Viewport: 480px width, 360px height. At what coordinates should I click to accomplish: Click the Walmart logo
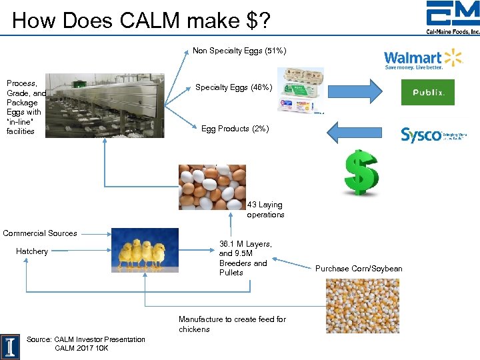tap(423, 59)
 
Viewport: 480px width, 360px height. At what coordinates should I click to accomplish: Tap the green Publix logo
tap(427, 93)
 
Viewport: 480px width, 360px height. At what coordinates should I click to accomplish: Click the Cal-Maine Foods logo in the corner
tap(453, 19)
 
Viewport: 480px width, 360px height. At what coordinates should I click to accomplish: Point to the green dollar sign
tap(361, 172)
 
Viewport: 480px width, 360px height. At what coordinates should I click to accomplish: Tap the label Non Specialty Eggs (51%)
tap(239, 50)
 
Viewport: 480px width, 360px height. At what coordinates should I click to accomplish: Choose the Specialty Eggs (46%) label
tap(233, 87)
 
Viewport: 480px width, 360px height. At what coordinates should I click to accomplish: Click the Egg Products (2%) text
tap(235, 129)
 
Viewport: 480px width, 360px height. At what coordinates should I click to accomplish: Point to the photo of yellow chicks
tap(145, 250)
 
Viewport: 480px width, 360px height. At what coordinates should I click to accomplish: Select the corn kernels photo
tap(362, 305)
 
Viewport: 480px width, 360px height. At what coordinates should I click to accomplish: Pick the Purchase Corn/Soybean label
tap(359, 269)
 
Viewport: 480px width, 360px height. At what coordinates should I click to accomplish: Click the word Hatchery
tap(32, 251)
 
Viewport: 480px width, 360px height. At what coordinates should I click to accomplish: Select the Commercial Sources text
tap(40, 233)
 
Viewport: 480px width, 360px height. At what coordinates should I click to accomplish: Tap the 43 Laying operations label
tap(265, 209)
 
